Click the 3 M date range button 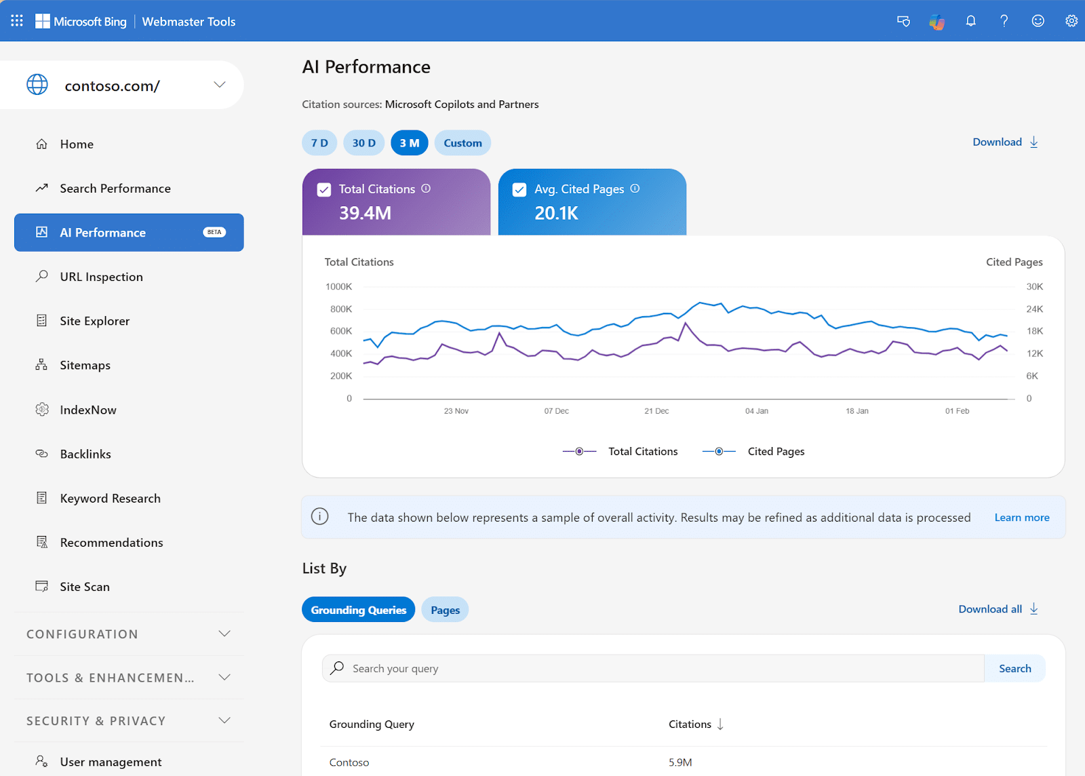tap(409, 143)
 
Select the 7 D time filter tap(319, 143)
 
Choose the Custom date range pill tap(462, 143)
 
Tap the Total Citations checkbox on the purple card tap(324, 190)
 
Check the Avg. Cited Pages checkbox tap(519, 190)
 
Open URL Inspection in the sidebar tap(101, 277)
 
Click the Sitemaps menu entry tap(85, 365)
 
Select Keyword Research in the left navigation tap(110, 498)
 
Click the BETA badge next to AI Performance tap(214, 232)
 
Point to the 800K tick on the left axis tap(341, 309)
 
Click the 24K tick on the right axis tap(1034, 309)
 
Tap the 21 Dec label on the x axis tap(656, 411)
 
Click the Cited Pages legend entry tap(775, 452)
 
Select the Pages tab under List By tap(445, 610)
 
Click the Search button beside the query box tap(1014, 669)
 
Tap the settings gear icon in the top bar tap(1071, 21)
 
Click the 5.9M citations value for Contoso tap(680, 762)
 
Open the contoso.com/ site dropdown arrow tap(220, 85)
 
